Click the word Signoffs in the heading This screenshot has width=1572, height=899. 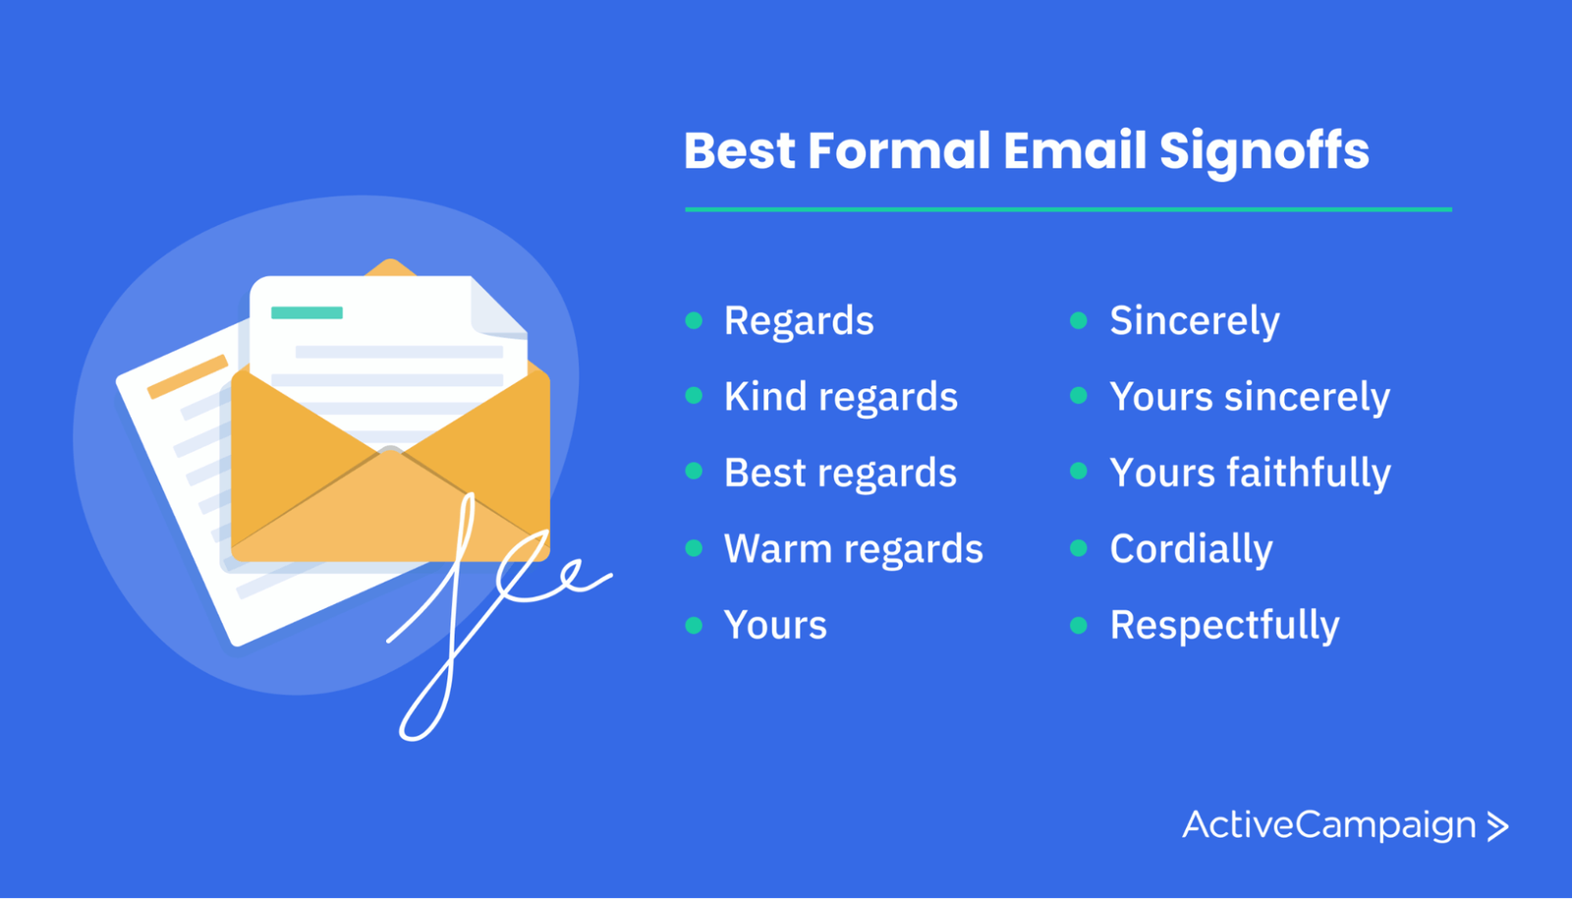[x=1263, y=151]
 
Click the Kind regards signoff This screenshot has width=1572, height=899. [x=841, y=398]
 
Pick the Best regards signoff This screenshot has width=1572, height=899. [x=840, y=474]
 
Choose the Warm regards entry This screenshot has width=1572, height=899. [x=854, y=549]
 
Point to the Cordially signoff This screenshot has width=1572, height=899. [x=1191, y=549]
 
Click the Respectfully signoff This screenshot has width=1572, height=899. [x=1224, y=625]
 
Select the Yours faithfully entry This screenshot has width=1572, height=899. [x=1250, y=473]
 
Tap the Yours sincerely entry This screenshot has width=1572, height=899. [x=1249, y=398]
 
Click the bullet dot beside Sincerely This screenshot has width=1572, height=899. [x=1079, y=320]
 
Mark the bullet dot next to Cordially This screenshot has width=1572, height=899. [x=1079, y=548]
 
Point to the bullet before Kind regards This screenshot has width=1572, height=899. [x=694, y=396]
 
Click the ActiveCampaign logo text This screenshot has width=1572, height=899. [x=1329, y=824]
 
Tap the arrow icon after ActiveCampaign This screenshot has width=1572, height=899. [x=1497, y=826]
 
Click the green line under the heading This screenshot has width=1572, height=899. [x=1068, y=209]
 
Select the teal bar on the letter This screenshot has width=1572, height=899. [x=307, y=312]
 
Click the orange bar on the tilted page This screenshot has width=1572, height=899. [x=188, y=376]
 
